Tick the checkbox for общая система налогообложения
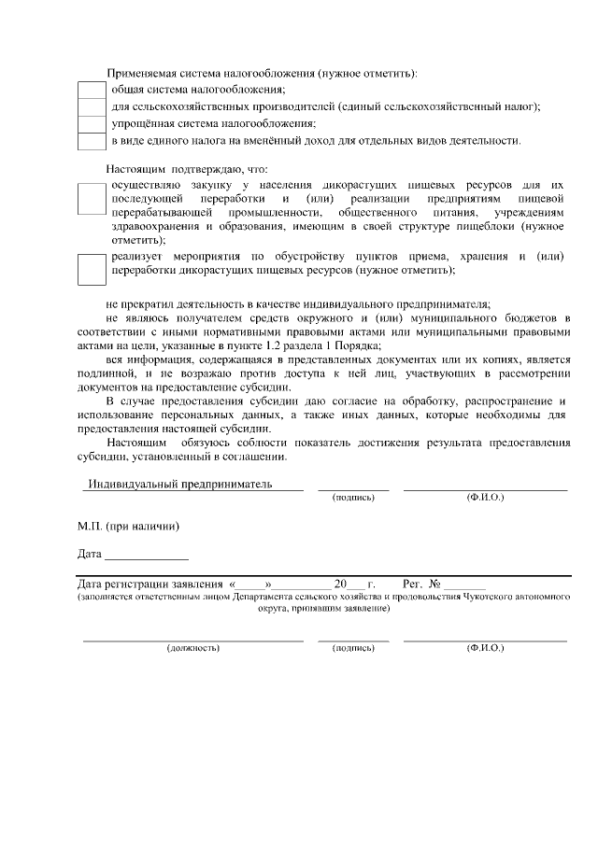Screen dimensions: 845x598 point(92,90)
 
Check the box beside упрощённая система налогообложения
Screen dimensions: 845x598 point(92,124)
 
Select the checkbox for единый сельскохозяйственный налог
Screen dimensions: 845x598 point(92,106)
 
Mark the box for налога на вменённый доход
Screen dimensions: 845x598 point(92,142)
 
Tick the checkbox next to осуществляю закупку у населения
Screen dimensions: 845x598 point(92,199)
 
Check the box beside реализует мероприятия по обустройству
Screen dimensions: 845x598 point(92,270)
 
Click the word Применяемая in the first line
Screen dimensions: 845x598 point(139,72)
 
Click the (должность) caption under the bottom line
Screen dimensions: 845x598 point(192,647)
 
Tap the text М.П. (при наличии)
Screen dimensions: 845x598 point(129,526)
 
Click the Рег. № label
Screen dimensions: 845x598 point(421,583)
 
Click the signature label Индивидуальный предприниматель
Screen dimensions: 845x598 point(178,485)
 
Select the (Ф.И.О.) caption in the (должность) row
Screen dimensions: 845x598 point(485,647)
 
